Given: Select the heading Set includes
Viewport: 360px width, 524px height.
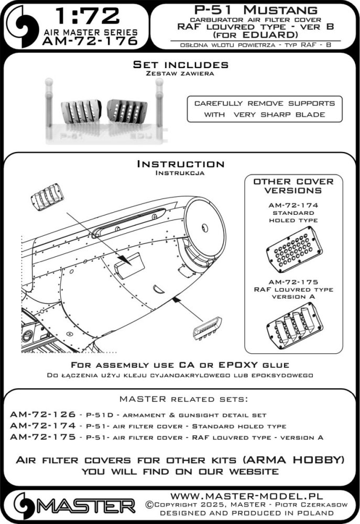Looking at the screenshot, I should click(x=180, y=65).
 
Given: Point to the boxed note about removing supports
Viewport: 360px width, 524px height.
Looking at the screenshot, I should click(x=264, y=109).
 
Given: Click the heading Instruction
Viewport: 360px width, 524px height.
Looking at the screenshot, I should click(x=180, y=164).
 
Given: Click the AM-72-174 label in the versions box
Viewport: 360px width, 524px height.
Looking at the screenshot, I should click(x=293, y=205).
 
